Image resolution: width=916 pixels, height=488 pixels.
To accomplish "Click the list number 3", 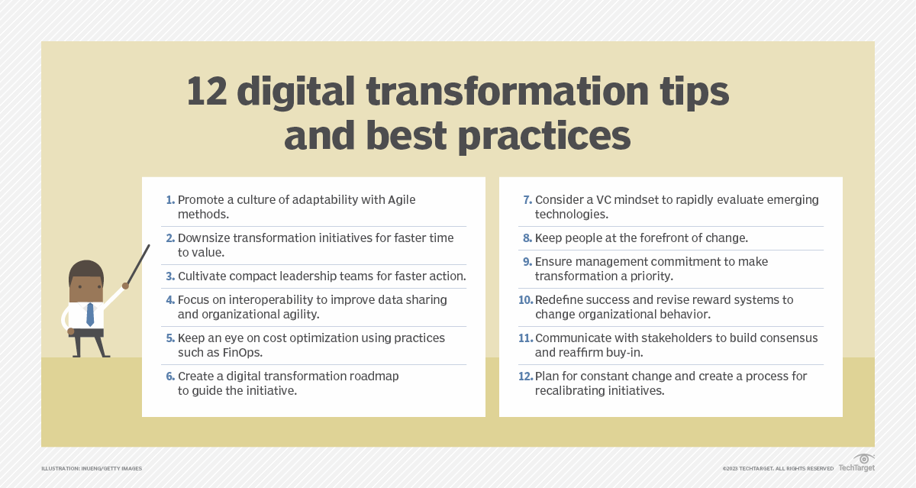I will [x=170, y=276].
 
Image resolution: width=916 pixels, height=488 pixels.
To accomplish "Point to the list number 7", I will [x=527, y=200].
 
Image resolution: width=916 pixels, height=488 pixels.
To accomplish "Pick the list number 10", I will [x=525, y=300].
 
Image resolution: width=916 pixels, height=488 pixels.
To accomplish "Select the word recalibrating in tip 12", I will [x=573, y=391].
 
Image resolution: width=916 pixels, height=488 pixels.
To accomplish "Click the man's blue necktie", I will [x=89, y=314].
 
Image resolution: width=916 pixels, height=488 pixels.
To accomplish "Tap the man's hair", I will [x=85, y=268].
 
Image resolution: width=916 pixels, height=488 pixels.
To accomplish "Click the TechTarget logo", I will [x=856, y=464].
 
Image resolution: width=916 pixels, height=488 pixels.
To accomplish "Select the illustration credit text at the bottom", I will [x=92, y=468].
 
